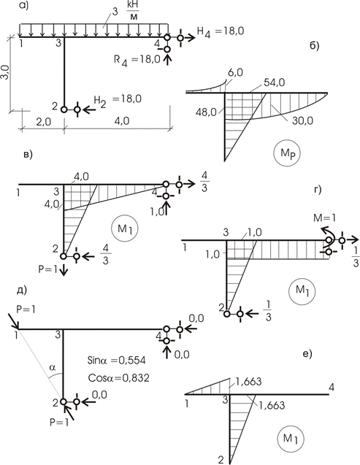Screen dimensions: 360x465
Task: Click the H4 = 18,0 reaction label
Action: pyautogui.click(x=221, y=31)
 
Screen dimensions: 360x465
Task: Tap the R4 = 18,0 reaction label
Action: pyautogui.click(x=137, y=60)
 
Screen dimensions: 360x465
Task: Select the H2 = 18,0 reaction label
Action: pyautogui.click(x=118, y=100)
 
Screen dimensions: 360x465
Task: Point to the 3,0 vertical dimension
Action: pyautogui.click(x=6, y=72)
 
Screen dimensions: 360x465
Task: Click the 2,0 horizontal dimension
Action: pyautogui.click(x=44, y=122)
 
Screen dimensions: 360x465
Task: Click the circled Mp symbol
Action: pyautogui.click(x=287, y=153)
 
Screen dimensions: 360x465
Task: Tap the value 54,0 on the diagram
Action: pyautogui.click(x=274, y=82)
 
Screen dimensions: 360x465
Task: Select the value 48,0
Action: pyautogui.click(x=206, y=112)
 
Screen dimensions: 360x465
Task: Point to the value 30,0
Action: pyautogui.click(x=302, y=120)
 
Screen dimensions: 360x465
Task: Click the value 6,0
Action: pyautogui.click(x=235, y=72)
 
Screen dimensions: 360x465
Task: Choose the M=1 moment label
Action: pyautogui.click(x=325, y=218)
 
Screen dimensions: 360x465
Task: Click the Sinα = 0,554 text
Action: pyautogui.click(x=117, y=361)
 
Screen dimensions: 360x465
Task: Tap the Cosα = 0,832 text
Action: pyautogui.click(x=118, y=378)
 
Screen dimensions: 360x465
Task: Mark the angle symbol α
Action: pyautogui.click(x=53, y=368)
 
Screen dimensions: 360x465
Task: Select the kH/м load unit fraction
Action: pyautogui.click(x=134, y=11)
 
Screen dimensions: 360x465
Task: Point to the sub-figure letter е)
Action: pyautogui.click(x=307, y=354)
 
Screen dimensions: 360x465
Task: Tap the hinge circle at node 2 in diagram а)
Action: pyautogui.click(x=64, y=109)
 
